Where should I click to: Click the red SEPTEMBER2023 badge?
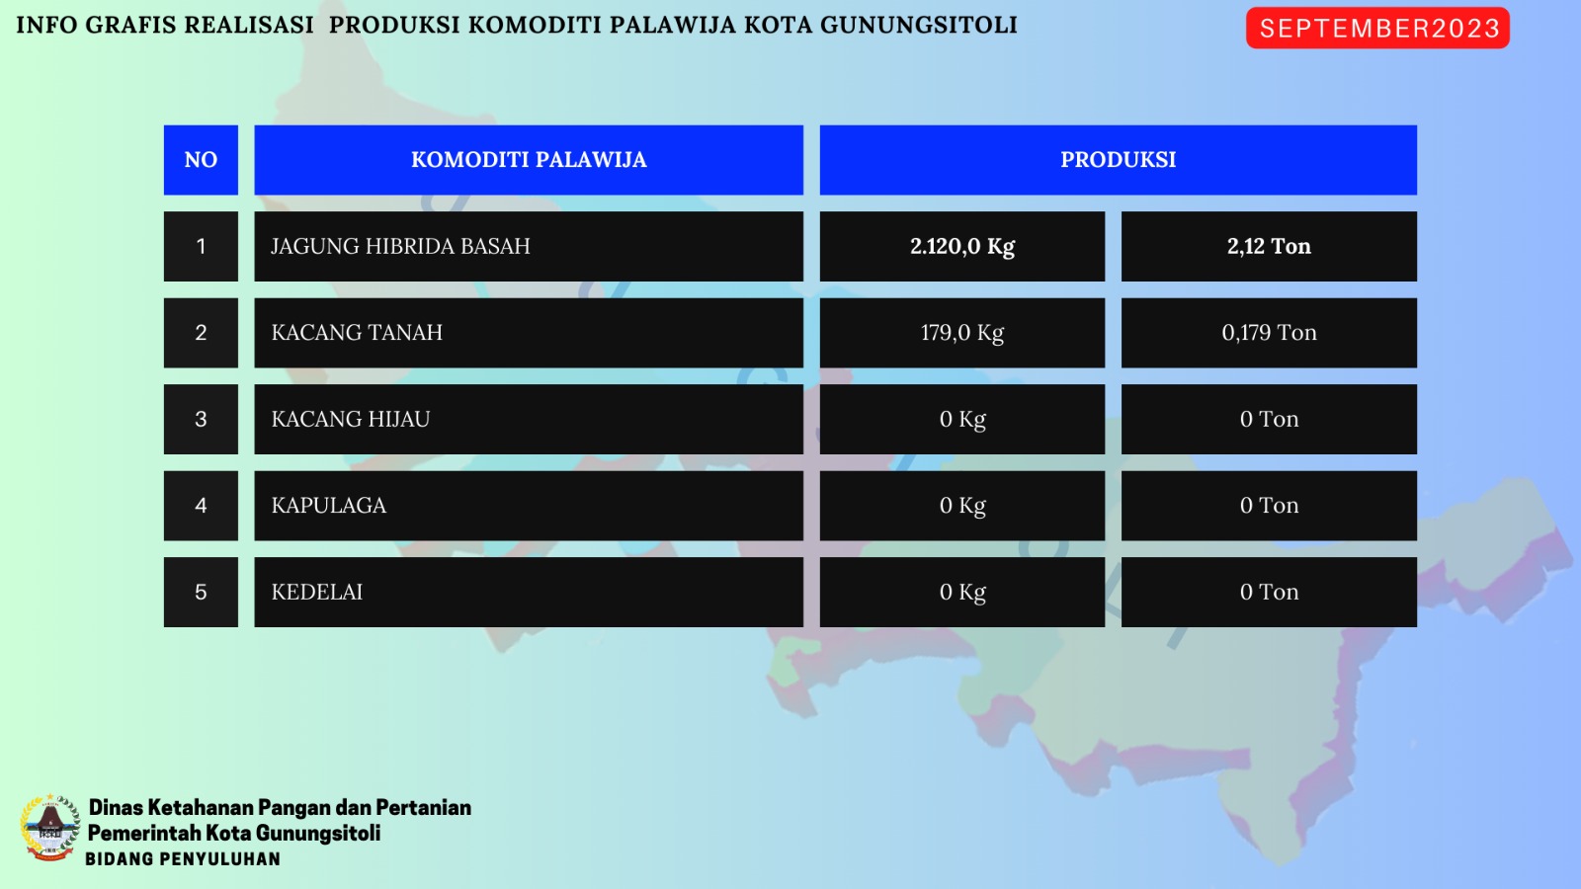tap(1377, 29)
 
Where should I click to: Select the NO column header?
tap(201, 160)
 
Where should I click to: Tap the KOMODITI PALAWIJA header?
tap(529, 160)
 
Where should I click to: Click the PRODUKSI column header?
tap(1118, 160)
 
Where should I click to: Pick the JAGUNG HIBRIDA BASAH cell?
tap(529, 246)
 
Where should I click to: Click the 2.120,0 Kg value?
tap(962, 246)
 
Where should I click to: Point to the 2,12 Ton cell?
tap(1269, 246)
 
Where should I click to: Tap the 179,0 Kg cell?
tap(962, 332)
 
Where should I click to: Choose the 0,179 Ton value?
tap(1269, 332)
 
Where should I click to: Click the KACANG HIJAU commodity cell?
tap(529, 419)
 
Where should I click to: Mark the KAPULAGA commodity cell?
tap(529, 505)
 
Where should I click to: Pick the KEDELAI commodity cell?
tap(529, 592)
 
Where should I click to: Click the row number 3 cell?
tap(201, 419)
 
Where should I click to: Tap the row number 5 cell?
tap(201, 592)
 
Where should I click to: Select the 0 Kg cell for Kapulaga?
tap(962, 505)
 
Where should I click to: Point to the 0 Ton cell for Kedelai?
tap(1269, 592)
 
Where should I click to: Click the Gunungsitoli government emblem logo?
tap(49, 828)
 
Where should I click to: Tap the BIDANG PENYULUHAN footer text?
tap(183, 859)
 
